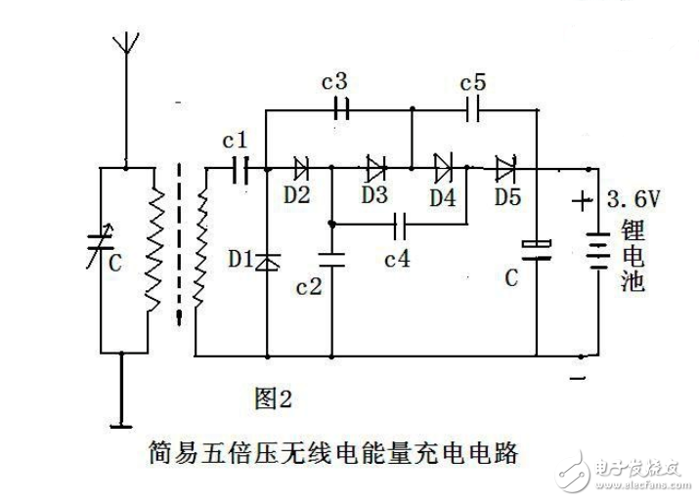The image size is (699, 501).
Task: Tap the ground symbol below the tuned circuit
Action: pyautogui.click(x=122, y=424)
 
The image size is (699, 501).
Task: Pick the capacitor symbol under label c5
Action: pyautogui.click(x=475, y=110)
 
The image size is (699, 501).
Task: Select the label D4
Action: pyautogui.click(x=442, y=195)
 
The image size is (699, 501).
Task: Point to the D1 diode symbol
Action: pyautogui.click(x=267, y=261)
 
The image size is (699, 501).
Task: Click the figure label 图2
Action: pyautogui.click(x=273, y=398)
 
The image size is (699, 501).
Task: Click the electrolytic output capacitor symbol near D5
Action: pyautogui.click(x=537, y=249)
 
